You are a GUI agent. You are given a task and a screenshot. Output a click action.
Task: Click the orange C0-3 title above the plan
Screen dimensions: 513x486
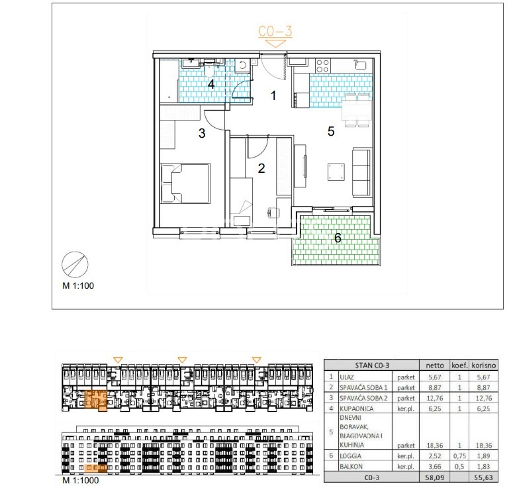tap(275, 31)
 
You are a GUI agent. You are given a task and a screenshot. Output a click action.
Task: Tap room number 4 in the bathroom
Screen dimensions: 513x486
tap(211, 84)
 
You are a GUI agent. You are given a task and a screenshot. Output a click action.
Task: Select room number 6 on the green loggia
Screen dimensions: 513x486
tap(338, 238)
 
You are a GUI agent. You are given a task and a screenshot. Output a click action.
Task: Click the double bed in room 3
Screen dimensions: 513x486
tap(185, 183)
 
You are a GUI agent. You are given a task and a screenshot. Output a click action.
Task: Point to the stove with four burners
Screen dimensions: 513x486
tap(323, 66)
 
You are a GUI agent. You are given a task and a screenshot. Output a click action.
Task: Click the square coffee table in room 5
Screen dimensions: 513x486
tap(336, 172)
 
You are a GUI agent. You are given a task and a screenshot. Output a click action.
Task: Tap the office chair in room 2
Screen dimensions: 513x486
tap(273, 213)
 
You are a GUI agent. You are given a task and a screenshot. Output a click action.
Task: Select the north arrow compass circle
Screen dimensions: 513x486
tap(75, 265)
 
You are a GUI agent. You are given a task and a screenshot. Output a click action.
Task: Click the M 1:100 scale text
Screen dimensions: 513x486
tap(78, 286)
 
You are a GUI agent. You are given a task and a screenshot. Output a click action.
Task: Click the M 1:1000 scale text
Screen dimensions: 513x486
tap(81, 480)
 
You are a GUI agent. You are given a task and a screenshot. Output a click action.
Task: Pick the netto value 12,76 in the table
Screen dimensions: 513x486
tap(435, 399)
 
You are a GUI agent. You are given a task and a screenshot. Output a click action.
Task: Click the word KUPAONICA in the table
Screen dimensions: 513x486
tap(356, 409)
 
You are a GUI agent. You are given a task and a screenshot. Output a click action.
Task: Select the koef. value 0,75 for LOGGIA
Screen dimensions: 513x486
tap(459, 456)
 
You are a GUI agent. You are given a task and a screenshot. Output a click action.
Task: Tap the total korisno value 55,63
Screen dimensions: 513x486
tap(484, 477)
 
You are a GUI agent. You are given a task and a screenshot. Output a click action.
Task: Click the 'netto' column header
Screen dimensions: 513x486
tap(435, 365)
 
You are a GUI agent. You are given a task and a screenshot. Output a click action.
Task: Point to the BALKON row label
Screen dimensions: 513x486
tap(351, 467)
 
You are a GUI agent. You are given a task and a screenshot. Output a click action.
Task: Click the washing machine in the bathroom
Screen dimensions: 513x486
tap(242, 66)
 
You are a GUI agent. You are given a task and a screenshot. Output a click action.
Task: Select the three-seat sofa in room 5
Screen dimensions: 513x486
tap(361, 172)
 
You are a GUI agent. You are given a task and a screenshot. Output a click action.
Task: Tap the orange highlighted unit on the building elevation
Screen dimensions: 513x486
tap(95, 468)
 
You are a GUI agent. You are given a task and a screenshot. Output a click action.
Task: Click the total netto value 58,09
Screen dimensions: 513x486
tap(435, 477)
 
